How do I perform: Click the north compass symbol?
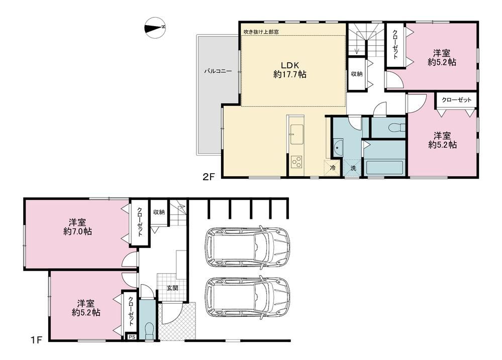click(x=155, y=27)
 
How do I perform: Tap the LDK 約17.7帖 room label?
click(x=290, y=70)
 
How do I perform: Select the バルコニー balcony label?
click(x=218, y=71)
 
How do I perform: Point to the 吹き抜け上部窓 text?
click(x=261, y=32)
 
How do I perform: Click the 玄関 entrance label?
click(x=172, y=288)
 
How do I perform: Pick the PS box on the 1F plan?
click(x=132, y=337)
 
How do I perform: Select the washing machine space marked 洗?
click(x=352, y=167)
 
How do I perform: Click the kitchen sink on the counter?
click(x=297, y=135)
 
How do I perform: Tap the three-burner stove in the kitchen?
click(x=297, y=162)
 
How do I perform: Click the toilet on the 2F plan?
click(x=396, y=128)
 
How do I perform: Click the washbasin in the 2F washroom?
click(x=338, y=148)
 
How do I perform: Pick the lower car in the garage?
click(x=247, y=298)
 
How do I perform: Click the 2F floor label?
click(x=209, y=177)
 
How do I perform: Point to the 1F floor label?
click(x=37, y=339)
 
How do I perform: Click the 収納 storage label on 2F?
click(x=357, y=74)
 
